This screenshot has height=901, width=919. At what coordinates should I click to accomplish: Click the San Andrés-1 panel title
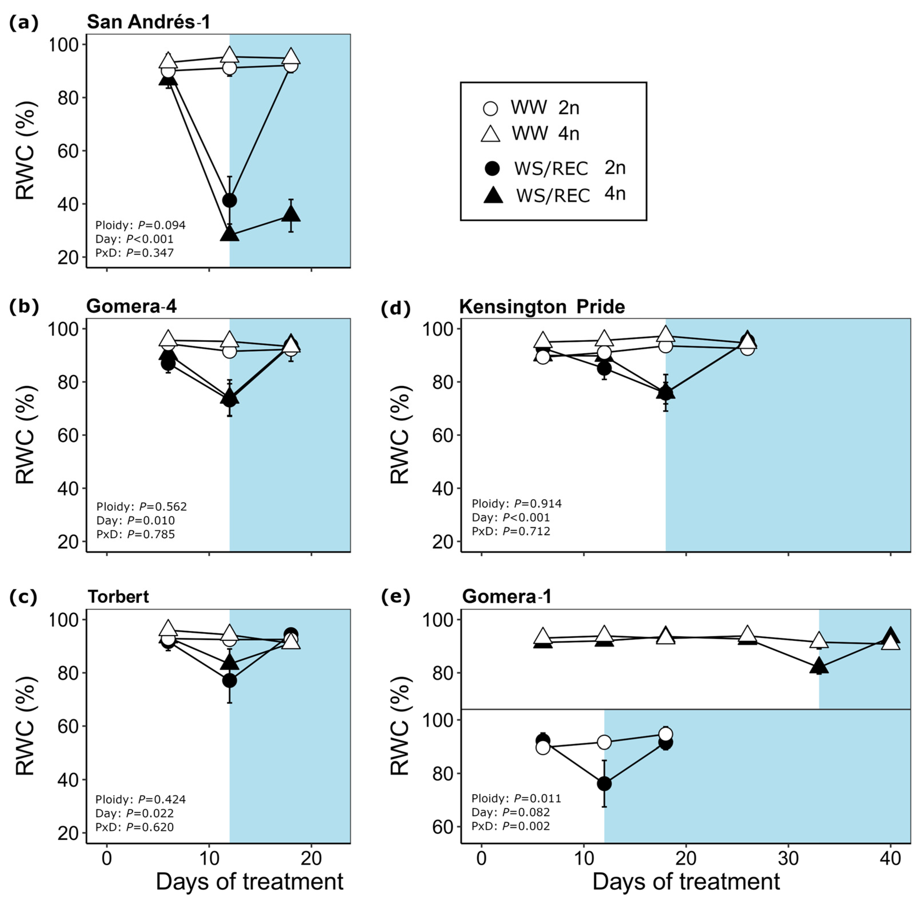click(x=148, y=22)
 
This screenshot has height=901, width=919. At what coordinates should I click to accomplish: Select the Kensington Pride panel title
click(x=542, y=307)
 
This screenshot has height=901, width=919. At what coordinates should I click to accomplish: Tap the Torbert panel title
click(x=118, y=597)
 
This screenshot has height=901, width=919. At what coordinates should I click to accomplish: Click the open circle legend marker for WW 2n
click(x=490, y=108)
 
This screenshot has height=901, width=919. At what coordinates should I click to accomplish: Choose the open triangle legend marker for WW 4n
click(x=490, y=134)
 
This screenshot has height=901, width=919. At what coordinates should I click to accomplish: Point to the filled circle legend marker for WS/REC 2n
click(x=492, y=168)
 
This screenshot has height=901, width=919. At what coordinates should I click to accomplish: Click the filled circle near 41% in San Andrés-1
click(x=229, y=200)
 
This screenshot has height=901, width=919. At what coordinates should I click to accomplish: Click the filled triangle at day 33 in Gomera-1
click(x=819, y=666)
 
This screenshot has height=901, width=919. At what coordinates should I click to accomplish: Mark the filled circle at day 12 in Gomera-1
click(x=604, y=784)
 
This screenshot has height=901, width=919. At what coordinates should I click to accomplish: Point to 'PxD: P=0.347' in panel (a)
click(x=134, y=253)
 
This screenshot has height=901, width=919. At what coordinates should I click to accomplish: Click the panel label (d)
click(x=395, y=308)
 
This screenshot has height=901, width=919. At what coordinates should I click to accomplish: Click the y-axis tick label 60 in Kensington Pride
click(x=443, y=435)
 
